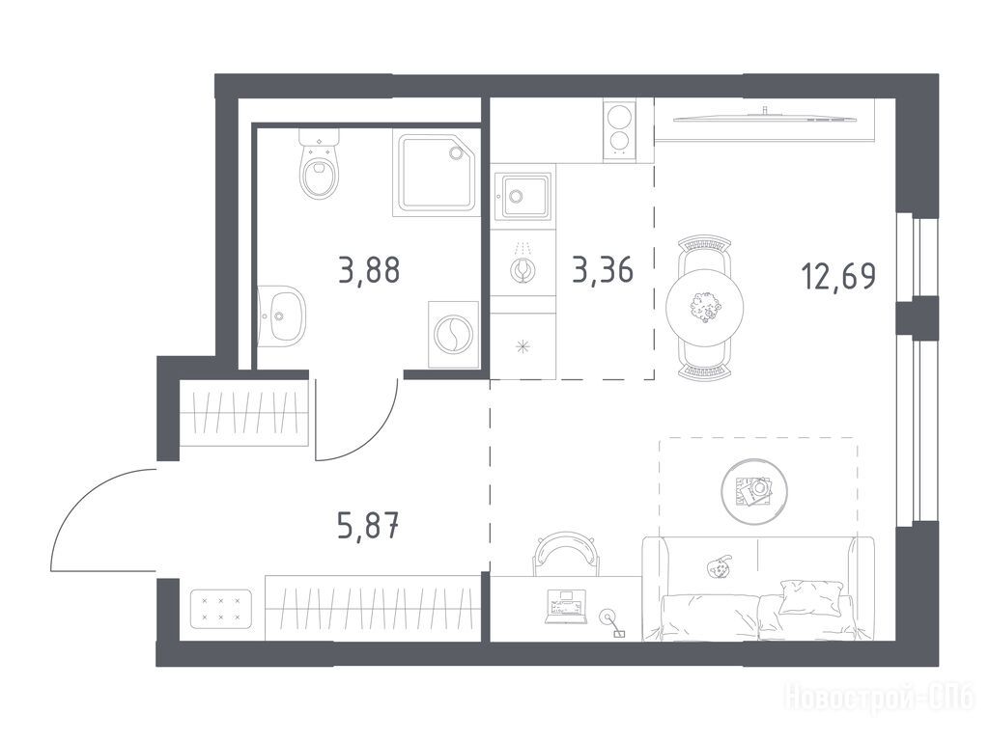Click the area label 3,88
(x=369, y=270)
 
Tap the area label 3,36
(x=603, y=270)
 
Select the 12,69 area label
(x=838, y=275)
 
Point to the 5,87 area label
(x=368, y=526)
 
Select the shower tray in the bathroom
(x=437, y=173)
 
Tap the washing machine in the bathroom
(x=454, y=334)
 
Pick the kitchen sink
(x=523, y=195)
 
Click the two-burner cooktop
(x=620, y=130)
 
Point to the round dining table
(x=704, y=308)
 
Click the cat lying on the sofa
(x=718, y=567)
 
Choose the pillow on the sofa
(x=810, y=596)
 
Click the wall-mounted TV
(x=765, y=116)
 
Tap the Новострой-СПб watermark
(x=879, y=697)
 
